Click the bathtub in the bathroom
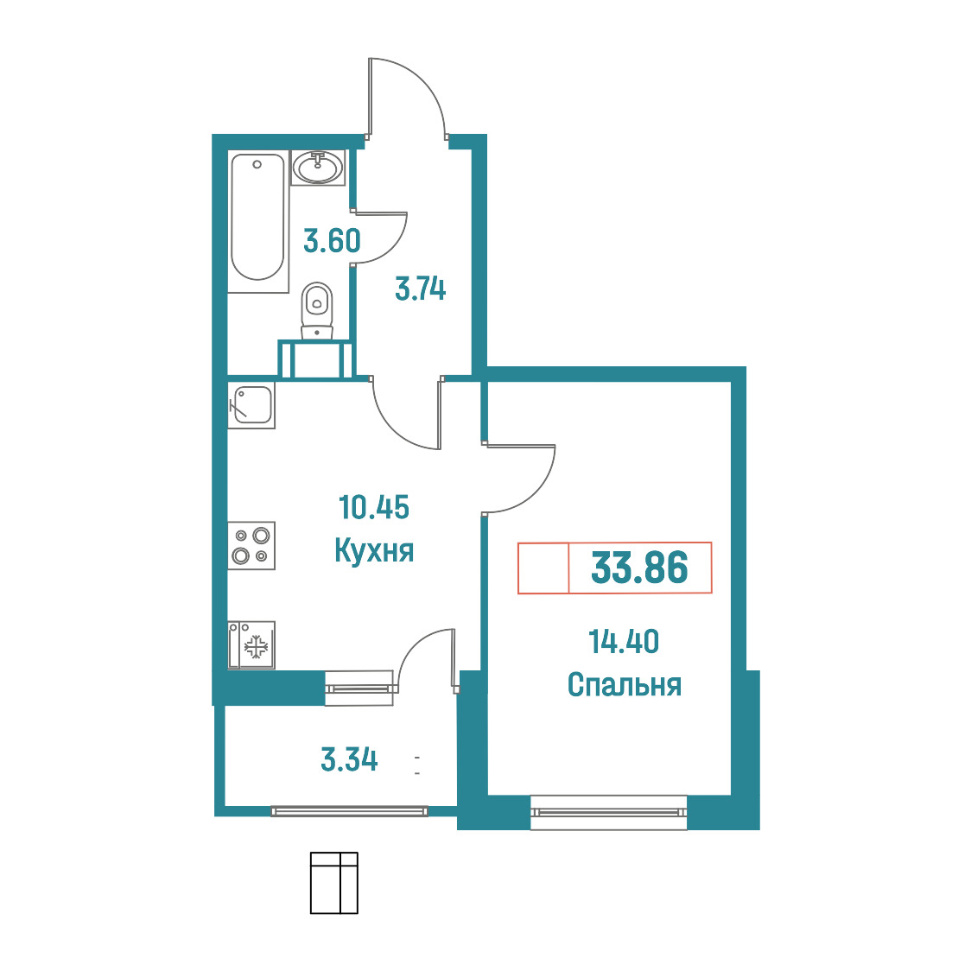[257, 221]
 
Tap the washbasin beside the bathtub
[318, 168]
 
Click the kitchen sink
[251, 405]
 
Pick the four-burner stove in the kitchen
[251, 546]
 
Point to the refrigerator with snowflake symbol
[251, 646]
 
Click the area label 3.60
[332, 241]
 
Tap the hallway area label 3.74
[421, 289]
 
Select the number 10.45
[374, 507]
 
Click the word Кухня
[374, 550]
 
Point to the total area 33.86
[639, 568]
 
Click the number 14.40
[624, 642]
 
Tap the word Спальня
[625, 685]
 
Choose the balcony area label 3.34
[349, 760]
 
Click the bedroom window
[609, 812]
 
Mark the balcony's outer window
[349, 811]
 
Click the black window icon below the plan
[333, 883]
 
